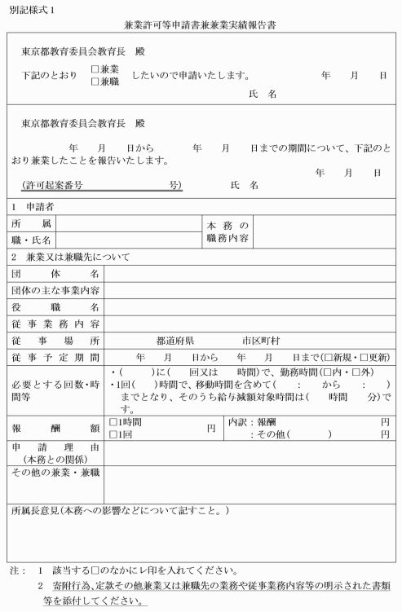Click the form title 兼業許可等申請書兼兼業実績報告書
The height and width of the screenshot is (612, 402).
pos(201,25)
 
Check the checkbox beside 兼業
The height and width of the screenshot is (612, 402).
pos(96,69)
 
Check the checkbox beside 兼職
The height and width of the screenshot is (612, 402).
pos(96,81)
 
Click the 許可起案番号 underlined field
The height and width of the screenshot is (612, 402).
pos(102,186)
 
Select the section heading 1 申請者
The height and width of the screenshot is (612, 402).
pos(33,207)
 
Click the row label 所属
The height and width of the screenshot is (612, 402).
pos(32,223)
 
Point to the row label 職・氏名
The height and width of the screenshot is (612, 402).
pos(32,240)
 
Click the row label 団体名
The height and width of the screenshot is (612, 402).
pos(55,274)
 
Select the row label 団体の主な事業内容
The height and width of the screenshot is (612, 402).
pos(55,291)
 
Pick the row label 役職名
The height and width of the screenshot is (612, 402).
pos(55,307)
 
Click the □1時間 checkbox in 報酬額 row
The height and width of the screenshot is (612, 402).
pos(113,423)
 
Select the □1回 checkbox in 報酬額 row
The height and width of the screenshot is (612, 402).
pos(113,435)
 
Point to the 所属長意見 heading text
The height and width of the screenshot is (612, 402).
pos(121,510)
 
